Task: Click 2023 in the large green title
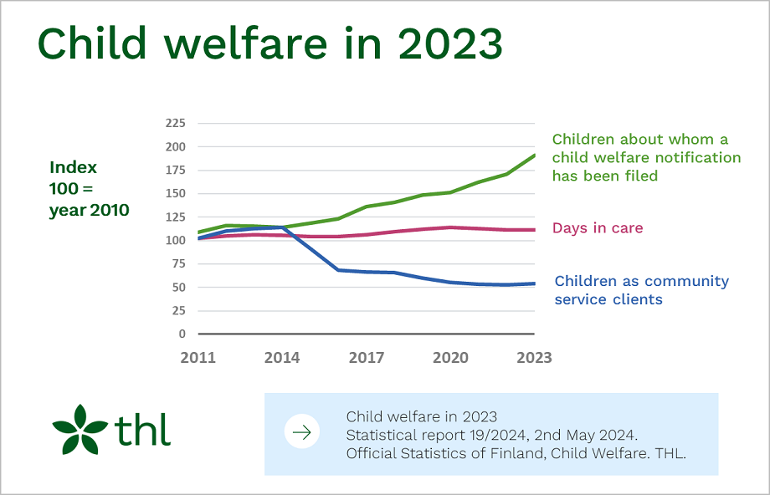(449, 44)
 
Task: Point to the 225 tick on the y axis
(174, 123)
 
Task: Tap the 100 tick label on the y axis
(174, 240)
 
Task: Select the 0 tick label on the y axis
(181, 334)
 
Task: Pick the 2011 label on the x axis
(198, 358)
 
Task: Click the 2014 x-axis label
(282, 358)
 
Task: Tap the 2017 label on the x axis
(367, 358)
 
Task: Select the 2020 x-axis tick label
(450, 358)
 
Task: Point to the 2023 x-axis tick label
(534, 358)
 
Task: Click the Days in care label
(598, 228)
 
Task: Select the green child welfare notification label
(646, 157)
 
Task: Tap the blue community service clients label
(641, 290)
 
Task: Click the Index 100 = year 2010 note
(90, 189)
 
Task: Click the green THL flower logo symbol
(80, 430)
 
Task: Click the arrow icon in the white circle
(301, 432)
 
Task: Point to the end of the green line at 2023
(535, 155)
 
